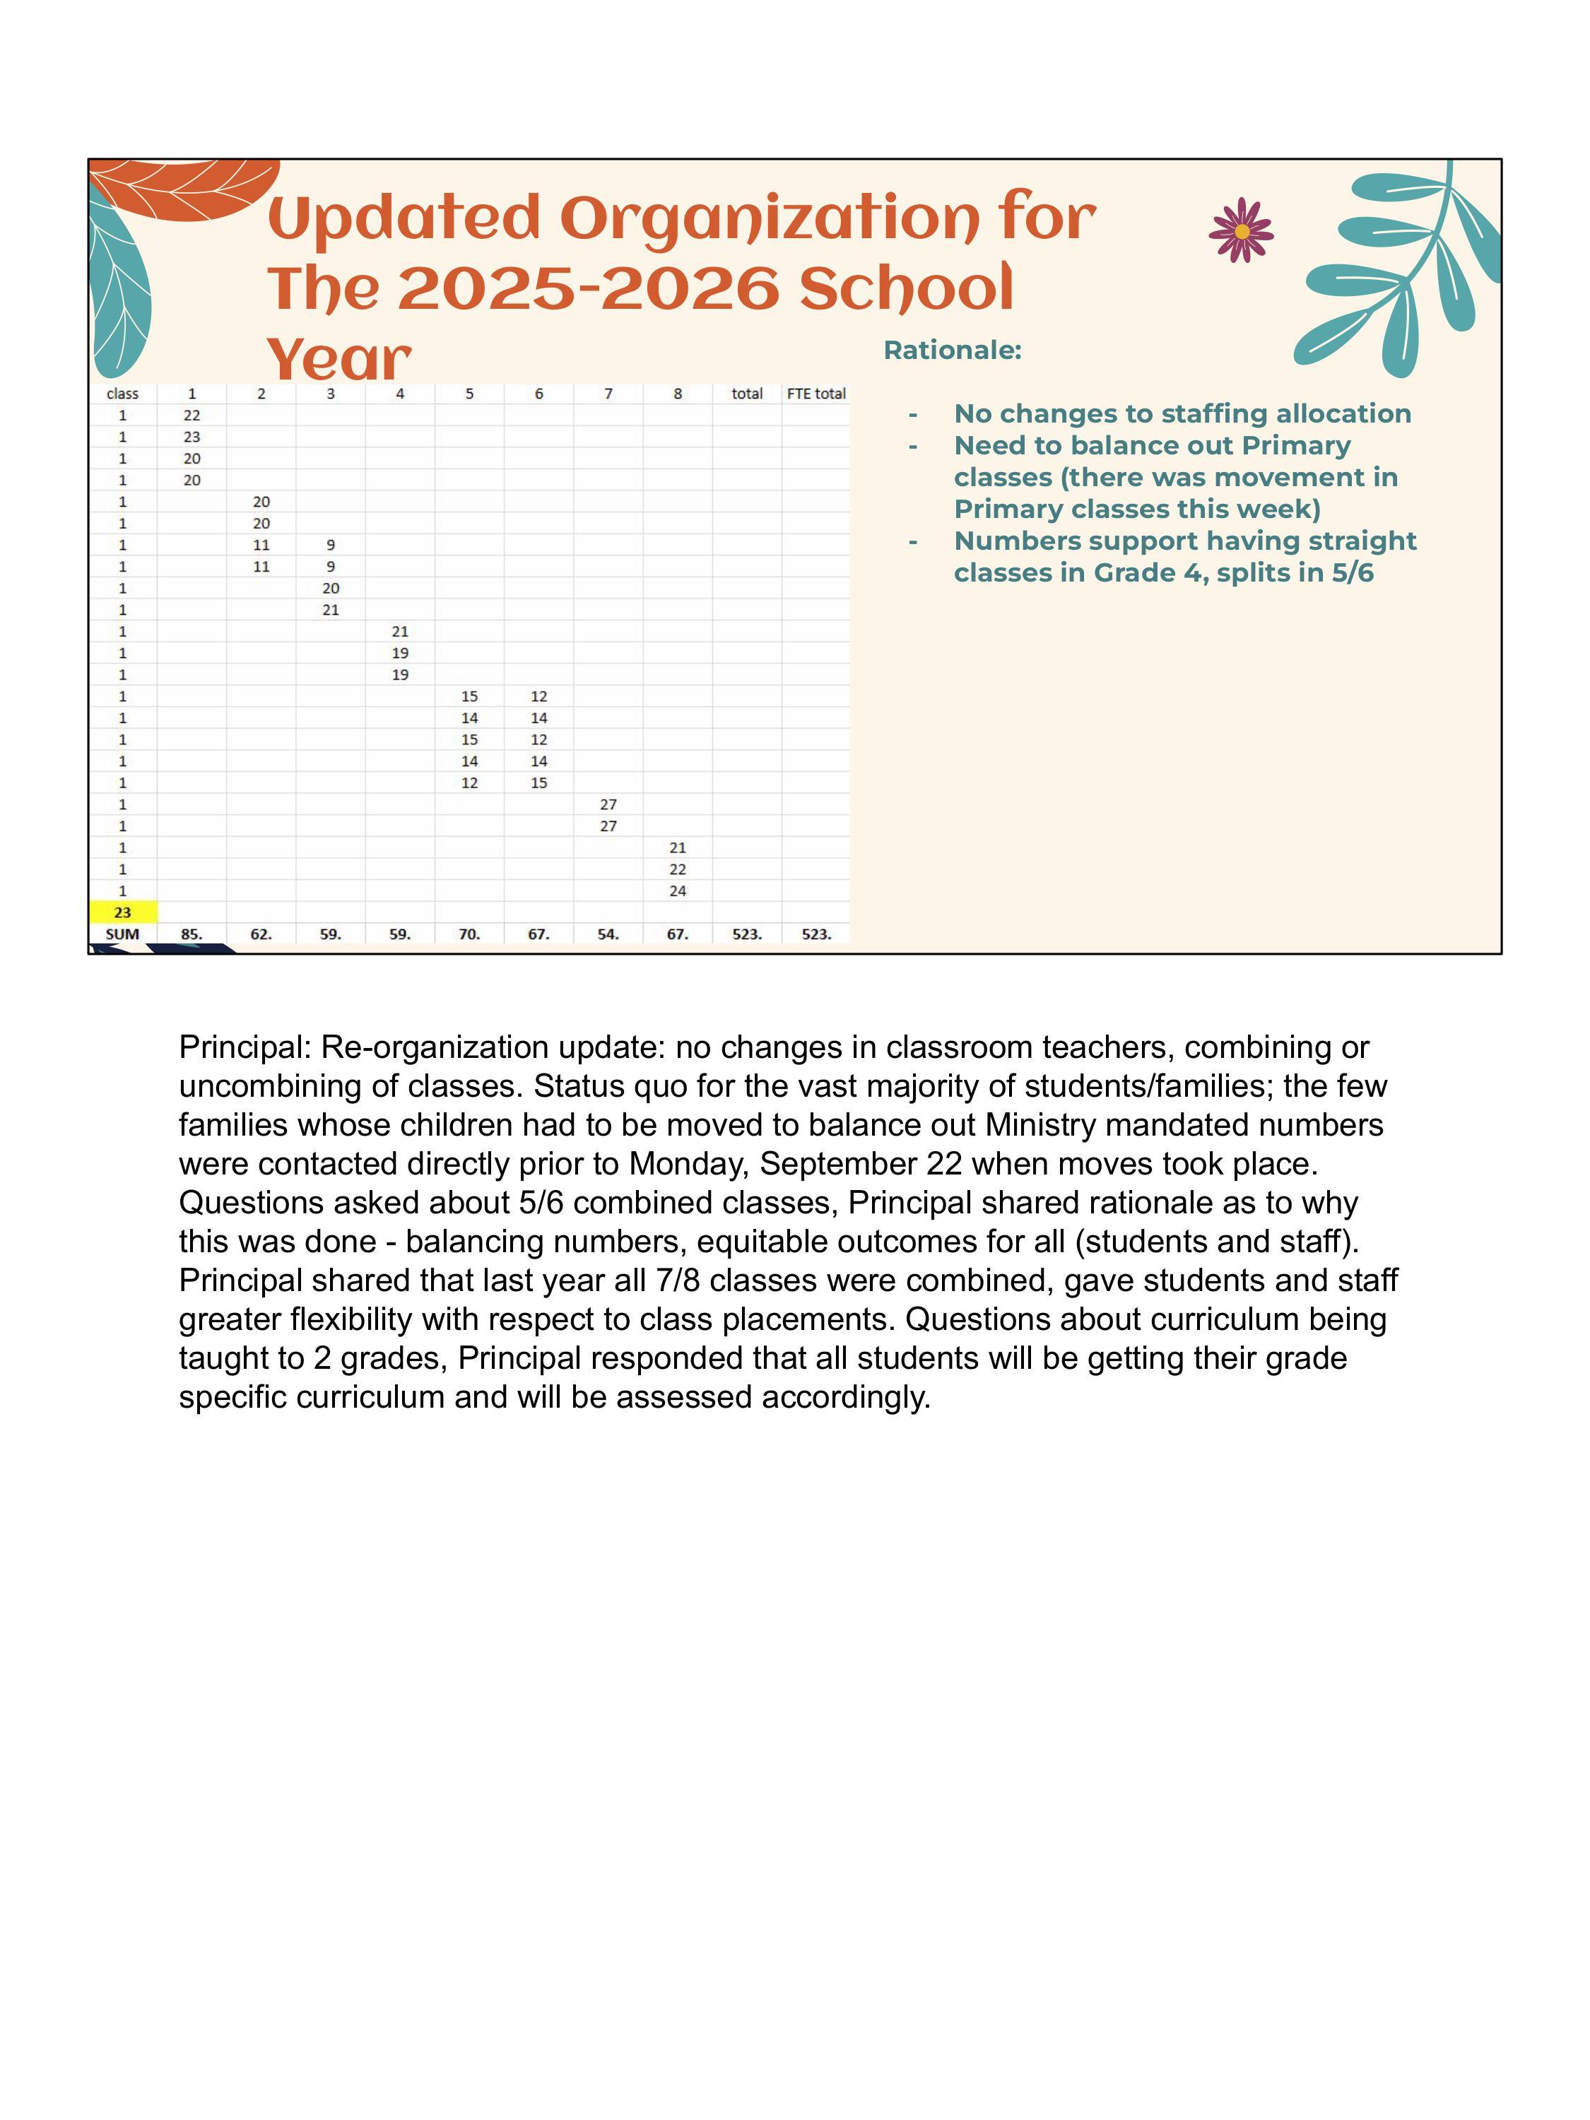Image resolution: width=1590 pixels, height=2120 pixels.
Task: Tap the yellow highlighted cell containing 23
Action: click(x=123, y=912)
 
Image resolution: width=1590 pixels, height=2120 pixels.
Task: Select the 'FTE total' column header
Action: click(x=815, y=394)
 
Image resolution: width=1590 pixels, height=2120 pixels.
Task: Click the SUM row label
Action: click(x=123, y=934)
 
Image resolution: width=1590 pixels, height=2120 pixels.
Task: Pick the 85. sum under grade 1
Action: click(x=192, y=934)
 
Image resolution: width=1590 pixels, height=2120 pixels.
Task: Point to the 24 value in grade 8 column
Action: click(x=678, y=891)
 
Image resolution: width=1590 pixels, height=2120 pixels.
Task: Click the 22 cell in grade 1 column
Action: click(x=192, y=415)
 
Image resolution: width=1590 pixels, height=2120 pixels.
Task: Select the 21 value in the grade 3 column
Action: click(x=331, y=610)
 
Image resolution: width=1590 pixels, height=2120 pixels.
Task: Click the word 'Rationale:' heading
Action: click(x=952, y=351)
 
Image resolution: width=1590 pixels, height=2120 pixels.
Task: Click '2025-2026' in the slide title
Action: click(x=587, y=288)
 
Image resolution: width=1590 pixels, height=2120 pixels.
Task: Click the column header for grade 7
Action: click(x=608, y=394)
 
